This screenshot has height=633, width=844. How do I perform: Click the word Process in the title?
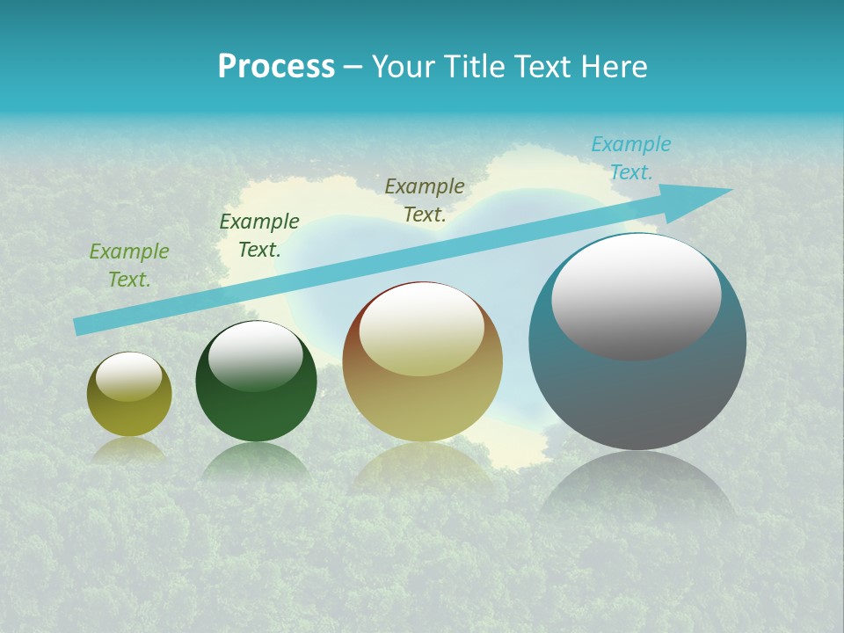(276, 67)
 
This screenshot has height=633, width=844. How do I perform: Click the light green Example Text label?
(129, 266)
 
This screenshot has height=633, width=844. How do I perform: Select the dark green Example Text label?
(259, 236)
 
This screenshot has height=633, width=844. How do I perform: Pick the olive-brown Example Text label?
(425, 200)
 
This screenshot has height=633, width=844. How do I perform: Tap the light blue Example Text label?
(630, 158)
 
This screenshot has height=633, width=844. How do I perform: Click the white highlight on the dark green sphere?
(256, 356)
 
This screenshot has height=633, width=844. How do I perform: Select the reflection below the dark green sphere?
(256, 461)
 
